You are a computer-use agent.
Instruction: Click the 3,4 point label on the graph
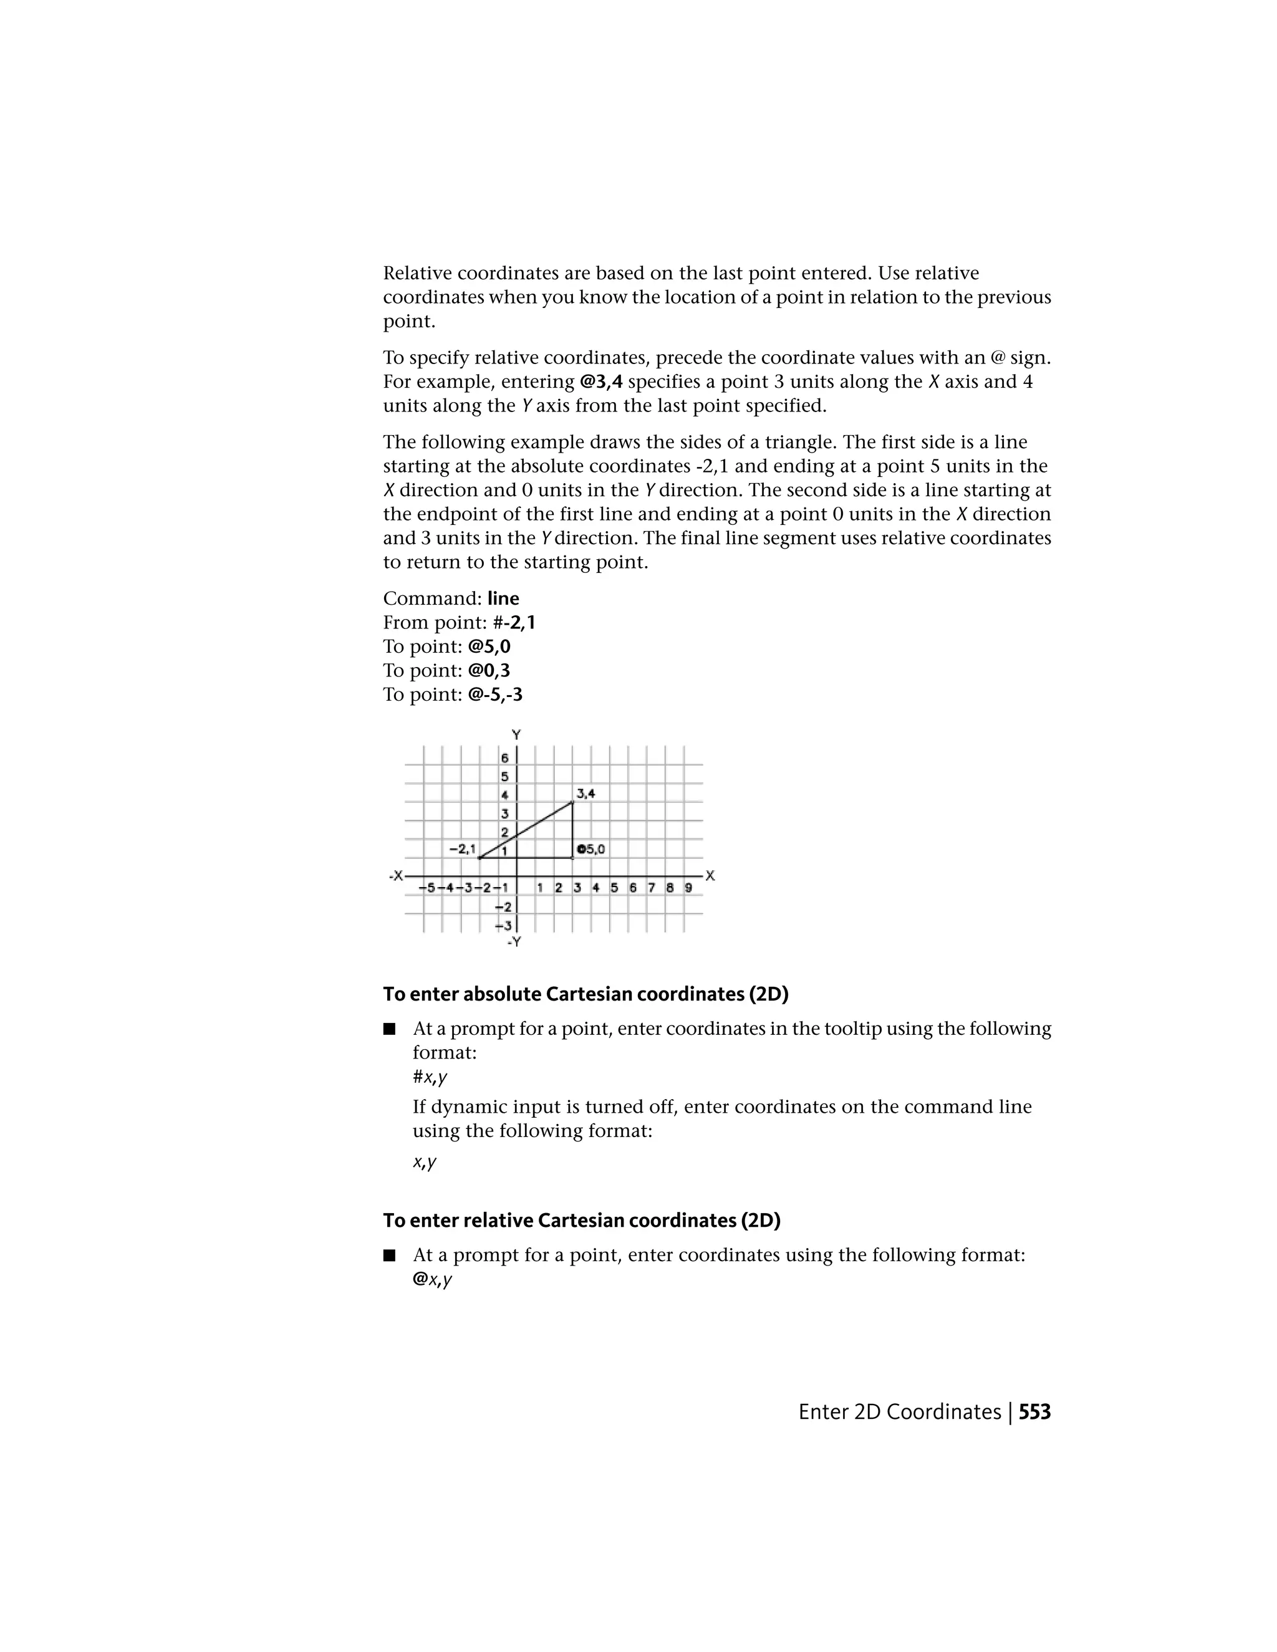coord(585,794)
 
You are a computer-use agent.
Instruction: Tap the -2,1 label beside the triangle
coord(461,848)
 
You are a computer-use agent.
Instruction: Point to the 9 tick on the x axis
coord(688,887)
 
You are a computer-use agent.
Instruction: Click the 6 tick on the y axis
coord(504,757)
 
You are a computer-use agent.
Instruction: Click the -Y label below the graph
coord(514,942)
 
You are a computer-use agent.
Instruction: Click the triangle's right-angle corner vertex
coord(572,858)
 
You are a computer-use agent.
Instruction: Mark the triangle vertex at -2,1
coord(479,858)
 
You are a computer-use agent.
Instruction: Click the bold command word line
coord(503,598)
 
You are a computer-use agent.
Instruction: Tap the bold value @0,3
coord(489,670)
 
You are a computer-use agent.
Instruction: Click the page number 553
coord(1034,1412)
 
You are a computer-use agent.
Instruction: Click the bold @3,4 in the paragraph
coord(602,382)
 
